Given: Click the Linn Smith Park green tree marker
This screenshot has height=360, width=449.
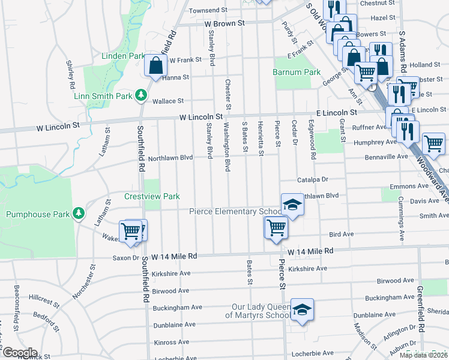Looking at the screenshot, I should pos(141,95).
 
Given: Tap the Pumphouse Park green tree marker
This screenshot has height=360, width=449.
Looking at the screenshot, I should pos(78,213).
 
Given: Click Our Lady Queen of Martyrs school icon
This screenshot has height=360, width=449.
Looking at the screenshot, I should pos(302,310).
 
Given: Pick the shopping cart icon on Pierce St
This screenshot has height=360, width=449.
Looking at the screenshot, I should pos(276,227).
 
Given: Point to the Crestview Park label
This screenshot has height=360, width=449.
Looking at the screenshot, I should pos(152,196).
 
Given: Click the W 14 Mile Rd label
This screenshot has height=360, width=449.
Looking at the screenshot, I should pos(310,251).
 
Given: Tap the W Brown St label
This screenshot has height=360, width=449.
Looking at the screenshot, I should pos(225,23).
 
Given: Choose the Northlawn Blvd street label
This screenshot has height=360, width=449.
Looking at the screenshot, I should pos(170,157).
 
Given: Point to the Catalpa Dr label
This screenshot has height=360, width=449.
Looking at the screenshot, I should pos(313,179).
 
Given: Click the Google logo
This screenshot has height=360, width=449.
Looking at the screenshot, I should pos(20,353).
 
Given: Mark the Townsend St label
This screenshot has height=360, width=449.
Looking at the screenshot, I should pos(208,10).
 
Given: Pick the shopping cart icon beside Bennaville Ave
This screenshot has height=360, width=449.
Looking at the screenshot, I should pos(433,143).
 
